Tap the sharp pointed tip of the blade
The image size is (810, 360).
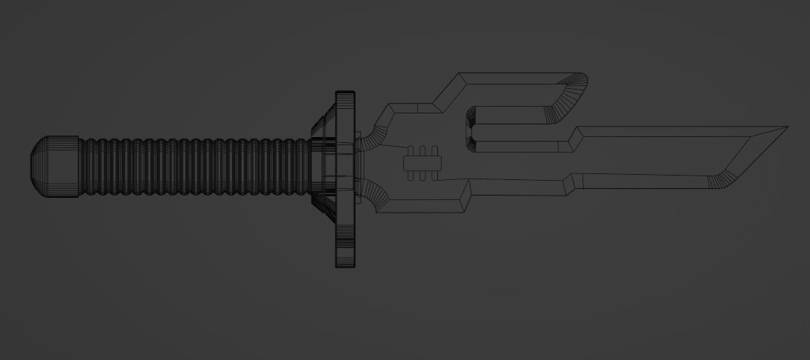point(786,127)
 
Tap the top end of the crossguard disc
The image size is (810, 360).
point(345,95)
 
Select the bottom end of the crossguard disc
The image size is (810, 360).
point(345,263)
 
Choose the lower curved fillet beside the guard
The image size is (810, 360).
point(376,194)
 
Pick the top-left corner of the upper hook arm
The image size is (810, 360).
point(459,75)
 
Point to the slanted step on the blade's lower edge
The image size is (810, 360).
point(569,184)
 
